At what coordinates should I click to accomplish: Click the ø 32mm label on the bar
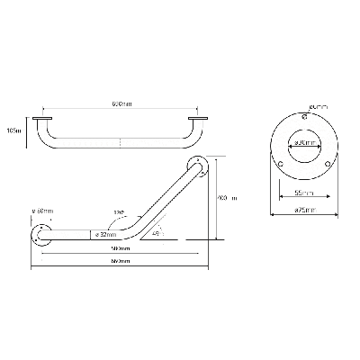[102, 235]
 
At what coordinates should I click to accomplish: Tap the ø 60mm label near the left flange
[42, 211]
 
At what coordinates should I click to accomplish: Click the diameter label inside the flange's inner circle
[304, 143]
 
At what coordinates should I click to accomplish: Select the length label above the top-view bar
[122, 104]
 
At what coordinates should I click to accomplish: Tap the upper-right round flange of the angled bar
[197, 164]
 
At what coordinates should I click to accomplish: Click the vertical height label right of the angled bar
[228, 198]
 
